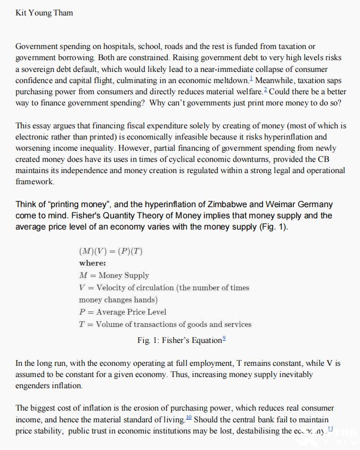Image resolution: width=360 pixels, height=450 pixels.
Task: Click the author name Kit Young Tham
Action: [44, 13]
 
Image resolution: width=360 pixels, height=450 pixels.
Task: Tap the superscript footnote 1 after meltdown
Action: [250, 79]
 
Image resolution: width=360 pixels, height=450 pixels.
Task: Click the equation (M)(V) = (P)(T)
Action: [110, 251]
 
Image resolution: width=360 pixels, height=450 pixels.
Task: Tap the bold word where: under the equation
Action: [93, 263]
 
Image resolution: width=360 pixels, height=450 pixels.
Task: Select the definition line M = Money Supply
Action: [114, 275]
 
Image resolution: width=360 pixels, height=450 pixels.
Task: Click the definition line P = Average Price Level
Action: [122, 312]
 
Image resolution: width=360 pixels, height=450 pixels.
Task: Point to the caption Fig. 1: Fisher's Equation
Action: [179, 340]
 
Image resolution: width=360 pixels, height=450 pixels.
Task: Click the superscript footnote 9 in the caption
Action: [224, 339]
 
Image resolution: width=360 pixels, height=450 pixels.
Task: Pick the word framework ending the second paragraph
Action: [35, 182]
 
